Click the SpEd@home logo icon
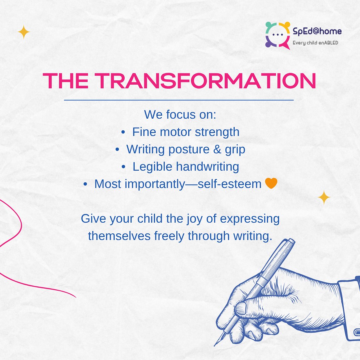(277, 35)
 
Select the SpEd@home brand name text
(317, 31)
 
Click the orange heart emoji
(271, 184)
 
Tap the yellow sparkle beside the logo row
(24, 32)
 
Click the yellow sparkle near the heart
(324, 198)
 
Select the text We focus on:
(180, 114)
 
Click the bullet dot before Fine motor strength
(123, 132)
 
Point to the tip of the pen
(215, 344)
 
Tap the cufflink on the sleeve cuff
(356, 333)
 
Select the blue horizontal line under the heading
(178, 100)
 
